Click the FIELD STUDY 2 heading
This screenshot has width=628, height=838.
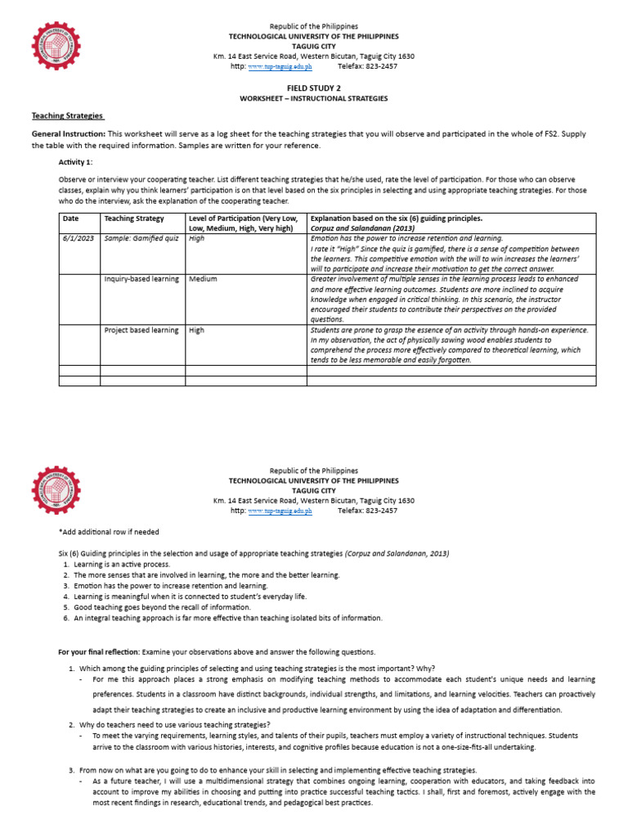coord(313,86)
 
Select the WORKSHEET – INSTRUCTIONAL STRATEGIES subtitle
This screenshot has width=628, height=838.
coord(313,98)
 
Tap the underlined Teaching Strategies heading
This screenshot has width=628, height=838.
coord(69,116)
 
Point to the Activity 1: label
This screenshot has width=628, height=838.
coord(76,162)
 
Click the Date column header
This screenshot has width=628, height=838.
coord(70,219)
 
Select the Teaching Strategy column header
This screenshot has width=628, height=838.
coord(134,219)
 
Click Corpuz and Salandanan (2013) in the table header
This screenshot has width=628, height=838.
coord(357,228)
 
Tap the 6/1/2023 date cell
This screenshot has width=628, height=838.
coord(78,238)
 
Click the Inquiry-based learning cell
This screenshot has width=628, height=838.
coord(141,279)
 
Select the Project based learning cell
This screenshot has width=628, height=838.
coord(141,330)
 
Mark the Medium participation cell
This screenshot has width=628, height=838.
coord(203,279)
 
